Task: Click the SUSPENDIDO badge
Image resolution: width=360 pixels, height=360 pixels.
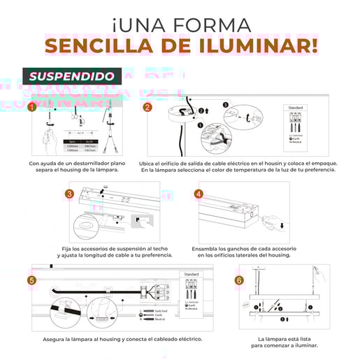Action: click(73, 75)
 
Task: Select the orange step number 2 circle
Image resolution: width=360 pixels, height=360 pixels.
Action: click(147, 108)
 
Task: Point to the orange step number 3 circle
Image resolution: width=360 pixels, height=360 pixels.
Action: click(70, 194)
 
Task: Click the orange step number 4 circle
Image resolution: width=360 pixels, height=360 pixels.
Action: click(199, 194)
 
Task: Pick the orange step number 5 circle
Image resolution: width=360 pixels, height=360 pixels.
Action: click(31, 280)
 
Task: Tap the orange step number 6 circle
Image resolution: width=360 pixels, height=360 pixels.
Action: click(239, 280)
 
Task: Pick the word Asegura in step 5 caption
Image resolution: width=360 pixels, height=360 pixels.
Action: click(55, 339)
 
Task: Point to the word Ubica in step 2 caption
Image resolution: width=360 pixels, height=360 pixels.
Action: click(149, 163)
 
